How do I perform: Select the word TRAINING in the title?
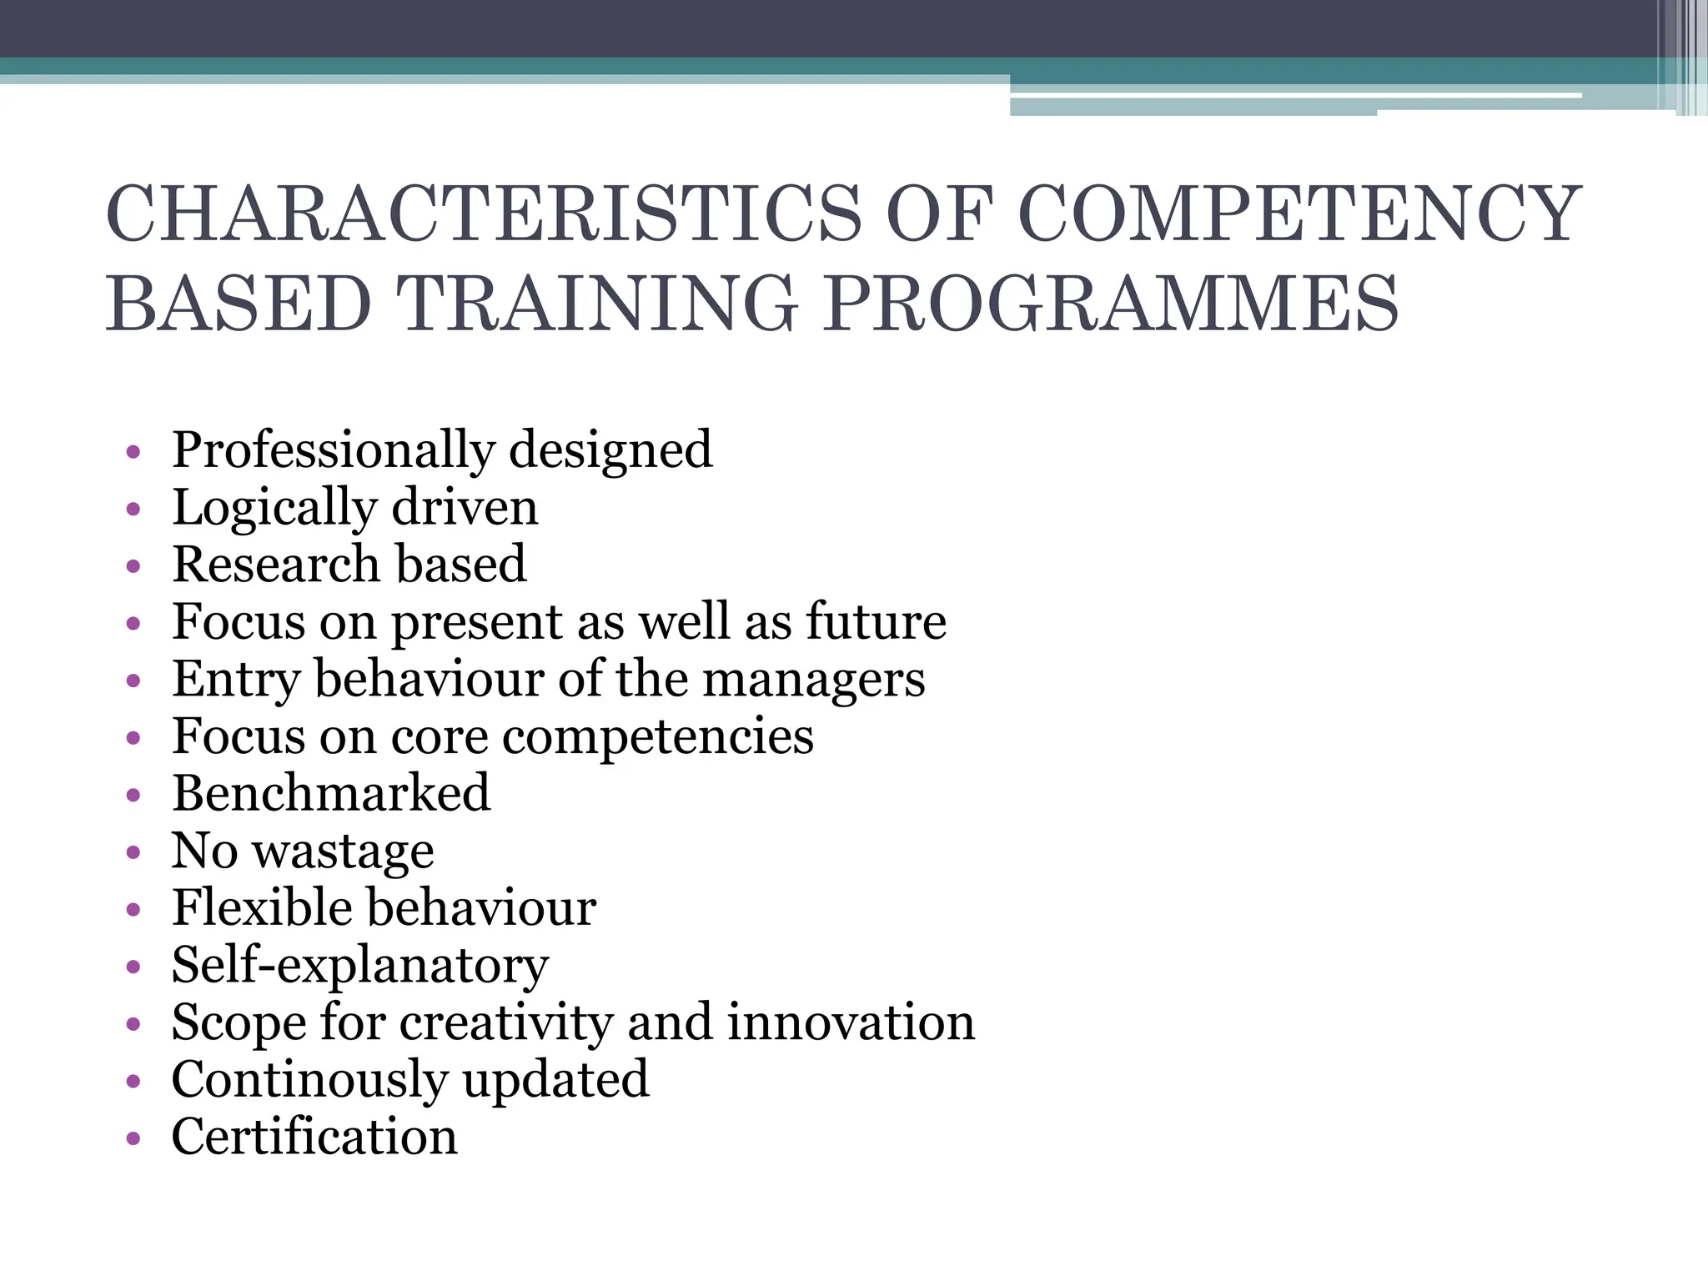tap(596, 304)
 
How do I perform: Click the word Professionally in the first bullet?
tap(333, 451)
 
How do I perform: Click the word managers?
tap(814, 681)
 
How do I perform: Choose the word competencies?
tap(658, 737)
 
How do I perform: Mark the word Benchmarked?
tap(331, 793)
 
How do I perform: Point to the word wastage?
tap(344, 852)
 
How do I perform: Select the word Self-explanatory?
tap(360, 967)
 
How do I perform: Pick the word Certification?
tap(314, 1137)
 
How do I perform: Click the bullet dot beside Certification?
tap(133, 1139)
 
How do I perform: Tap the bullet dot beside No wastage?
tap(133, 852)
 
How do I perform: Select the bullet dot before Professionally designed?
tap(133, 453)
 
